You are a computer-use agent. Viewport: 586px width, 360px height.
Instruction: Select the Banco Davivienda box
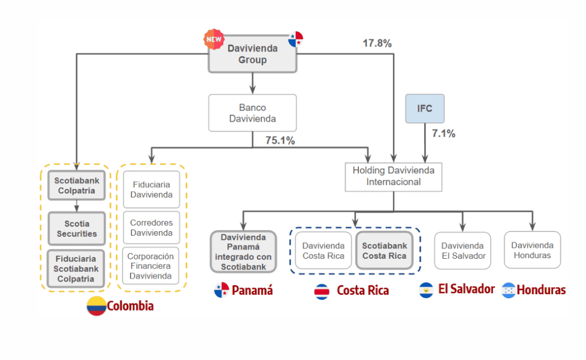(x=252, y=113)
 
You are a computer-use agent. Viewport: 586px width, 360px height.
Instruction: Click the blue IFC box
(x=425, y=108)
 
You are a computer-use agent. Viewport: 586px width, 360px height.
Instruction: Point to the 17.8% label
(x=377, y=43)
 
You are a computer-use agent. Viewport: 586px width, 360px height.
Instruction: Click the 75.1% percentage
(x=280, y=141)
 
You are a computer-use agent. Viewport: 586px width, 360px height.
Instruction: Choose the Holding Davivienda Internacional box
(x=393, y=176)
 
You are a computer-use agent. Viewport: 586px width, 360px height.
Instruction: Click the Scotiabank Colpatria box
(x=77, y=185)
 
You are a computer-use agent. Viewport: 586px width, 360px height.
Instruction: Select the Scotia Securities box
(x=77, y=228)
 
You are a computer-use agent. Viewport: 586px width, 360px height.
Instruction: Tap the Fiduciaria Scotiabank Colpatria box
(x=77, y=268)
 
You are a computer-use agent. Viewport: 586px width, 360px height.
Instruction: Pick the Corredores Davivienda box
(x=151, y=228)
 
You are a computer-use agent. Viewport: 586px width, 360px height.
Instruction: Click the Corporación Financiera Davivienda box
(x=151, y=266)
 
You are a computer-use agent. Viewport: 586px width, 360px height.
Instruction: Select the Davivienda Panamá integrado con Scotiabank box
(x=243, y=251)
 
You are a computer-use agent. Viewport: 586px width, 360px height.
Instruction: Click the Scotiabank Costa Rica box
(x=384, y=251)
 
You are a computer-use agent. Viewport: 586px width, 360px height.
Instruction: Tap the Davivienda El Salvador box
(x=462, y=251)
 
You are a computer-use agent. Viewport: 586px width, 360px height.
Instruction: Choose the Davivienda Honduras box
(x=532, y=250)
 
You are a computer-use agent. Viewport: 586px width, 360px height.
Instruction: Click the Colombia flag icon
(x=96, y=306)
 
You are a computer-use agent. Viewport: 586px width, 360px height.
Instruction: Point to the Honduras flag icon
(x=508, y=290)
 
